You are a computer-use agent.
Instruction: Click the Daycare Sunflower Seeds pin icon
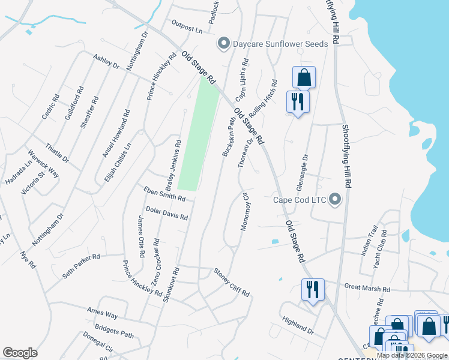224,43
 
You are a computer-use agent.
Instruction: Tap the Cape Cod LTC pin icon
335,199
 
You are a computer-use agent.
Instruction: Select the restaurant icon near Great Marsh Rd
312,289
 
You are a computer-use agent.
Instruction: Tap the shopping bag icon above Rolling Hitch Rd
304,77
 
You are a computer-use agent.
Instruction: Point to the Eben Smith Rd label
164,193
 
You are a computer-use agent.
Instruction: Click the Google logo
20,353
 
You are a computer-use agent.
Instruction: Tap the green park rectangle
198,135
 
